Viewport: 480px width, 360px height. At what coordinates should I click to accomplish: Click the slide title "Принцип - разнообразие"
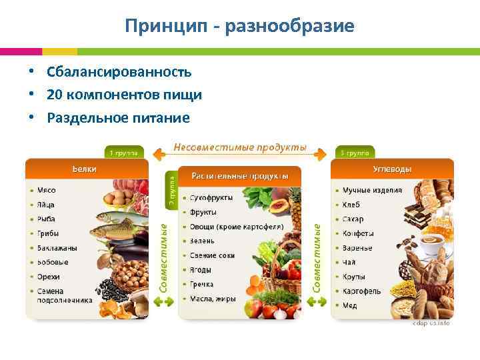pyautogui.click(x=239, y=26)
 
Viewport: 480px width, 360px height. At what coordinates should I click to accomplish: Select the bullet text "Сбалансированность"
pyautogui.click(x=119, y=72)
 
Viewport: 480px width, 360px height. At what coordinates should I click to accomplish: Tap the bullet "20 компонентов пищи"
pyautogui.click(x=124, y=95)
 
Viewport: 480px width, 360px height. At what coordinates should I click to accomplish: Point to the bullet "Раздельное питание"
pyautogui.click(x=118, y=118)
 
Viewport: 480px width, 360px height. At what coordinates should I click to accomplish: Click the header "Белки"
pyautogui.click(x=85, y=169)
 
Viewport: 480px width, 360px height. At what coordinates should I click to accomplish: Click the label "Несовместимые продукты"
pyautogui.click(x=240, y=147)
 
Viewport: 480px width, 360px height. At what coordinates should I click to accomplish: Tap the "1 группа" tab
pyautogui.click(x=121, y=153)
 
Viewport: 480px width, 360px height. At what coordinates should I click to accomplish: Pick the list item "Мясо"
pyautogui.click(x=47, y=190)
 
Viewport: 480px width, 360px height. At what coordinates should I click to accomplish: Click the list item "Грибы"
pyautogui.click(x=49, y=233)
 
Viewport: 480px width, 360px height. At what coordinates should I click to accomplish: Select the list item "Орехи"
pyautogui.click(x=49, y=277)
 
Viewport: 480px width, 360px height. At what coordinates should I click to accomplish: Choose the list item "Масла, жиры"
pyautogui.click(x=213, y=299)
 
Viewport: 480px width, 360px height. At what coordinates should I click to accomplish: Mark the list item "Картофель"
pyautogui.click(x=362, y=291)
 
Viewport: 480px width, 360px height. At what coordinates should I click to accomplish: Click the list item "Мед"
pyautogui.click(x=350, y=306)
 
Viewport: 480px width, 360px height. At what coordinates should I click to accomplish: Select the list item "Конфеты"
pyautogui.click(x=358, y=233)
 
